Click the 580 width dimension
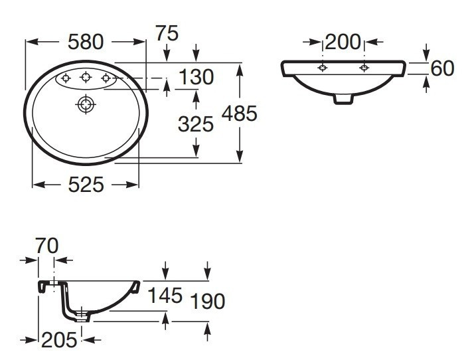click(86, 42)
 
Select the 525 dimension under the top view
click(86, 185)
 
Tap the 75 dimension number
click(166, 34)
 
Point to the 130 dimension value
click(196, 78)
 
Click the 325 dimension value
click(196, 123)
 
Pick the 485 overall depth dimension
click(238, 114)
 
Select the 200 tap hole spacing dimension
click(343, 43)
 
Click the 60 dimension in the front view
click(443, 67)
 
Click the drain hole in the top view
click(86, 104)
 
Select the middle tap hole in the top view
click(86, 79)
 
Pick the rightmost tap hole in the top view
click(105, 80)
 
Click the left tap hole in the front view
click(323, 68)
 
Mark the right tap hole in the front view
click(363, 68)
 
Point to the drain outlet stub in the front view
click(343, 98)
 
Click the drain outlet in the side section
click(82, 315)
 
